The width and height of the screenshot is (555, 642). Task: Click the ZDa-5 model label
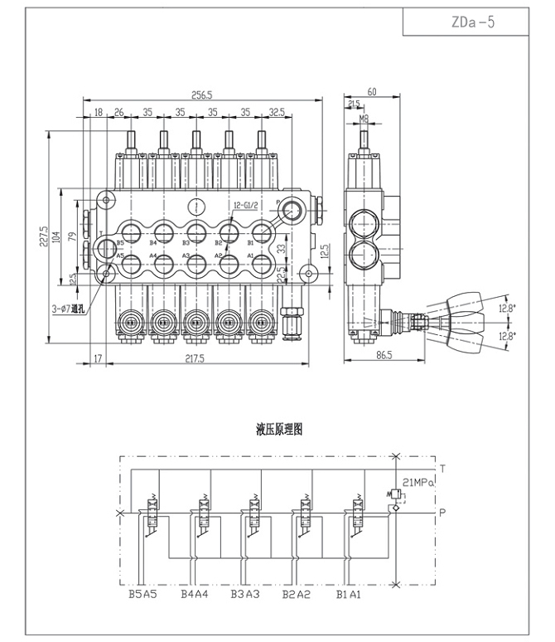475,22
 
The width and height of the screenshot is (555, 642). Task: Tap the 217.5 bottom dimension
195,358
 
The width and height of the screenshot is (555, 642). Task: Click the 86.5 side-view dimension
383,354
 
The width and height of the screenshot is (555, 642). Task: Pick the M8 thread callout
364,119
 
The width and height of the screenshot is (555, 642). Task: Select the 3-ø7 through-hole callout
67,309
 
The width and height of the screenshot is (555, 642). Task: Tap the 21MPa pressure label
418,482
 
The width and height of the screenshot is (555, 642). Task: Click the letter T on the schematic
443,469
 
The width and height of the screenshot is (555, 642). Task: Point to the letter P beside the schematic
443,512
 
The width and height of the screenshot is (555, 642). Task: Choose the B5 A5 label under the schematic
142,594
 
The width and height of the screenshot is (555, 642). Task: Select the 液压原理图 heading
280,430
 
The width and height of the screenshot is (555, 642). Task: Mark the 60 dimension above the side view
372,92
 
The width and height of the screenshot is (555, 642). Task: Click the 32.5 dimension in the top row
277,110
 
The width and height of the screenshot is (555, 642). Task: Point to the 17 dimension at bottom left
98,358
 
